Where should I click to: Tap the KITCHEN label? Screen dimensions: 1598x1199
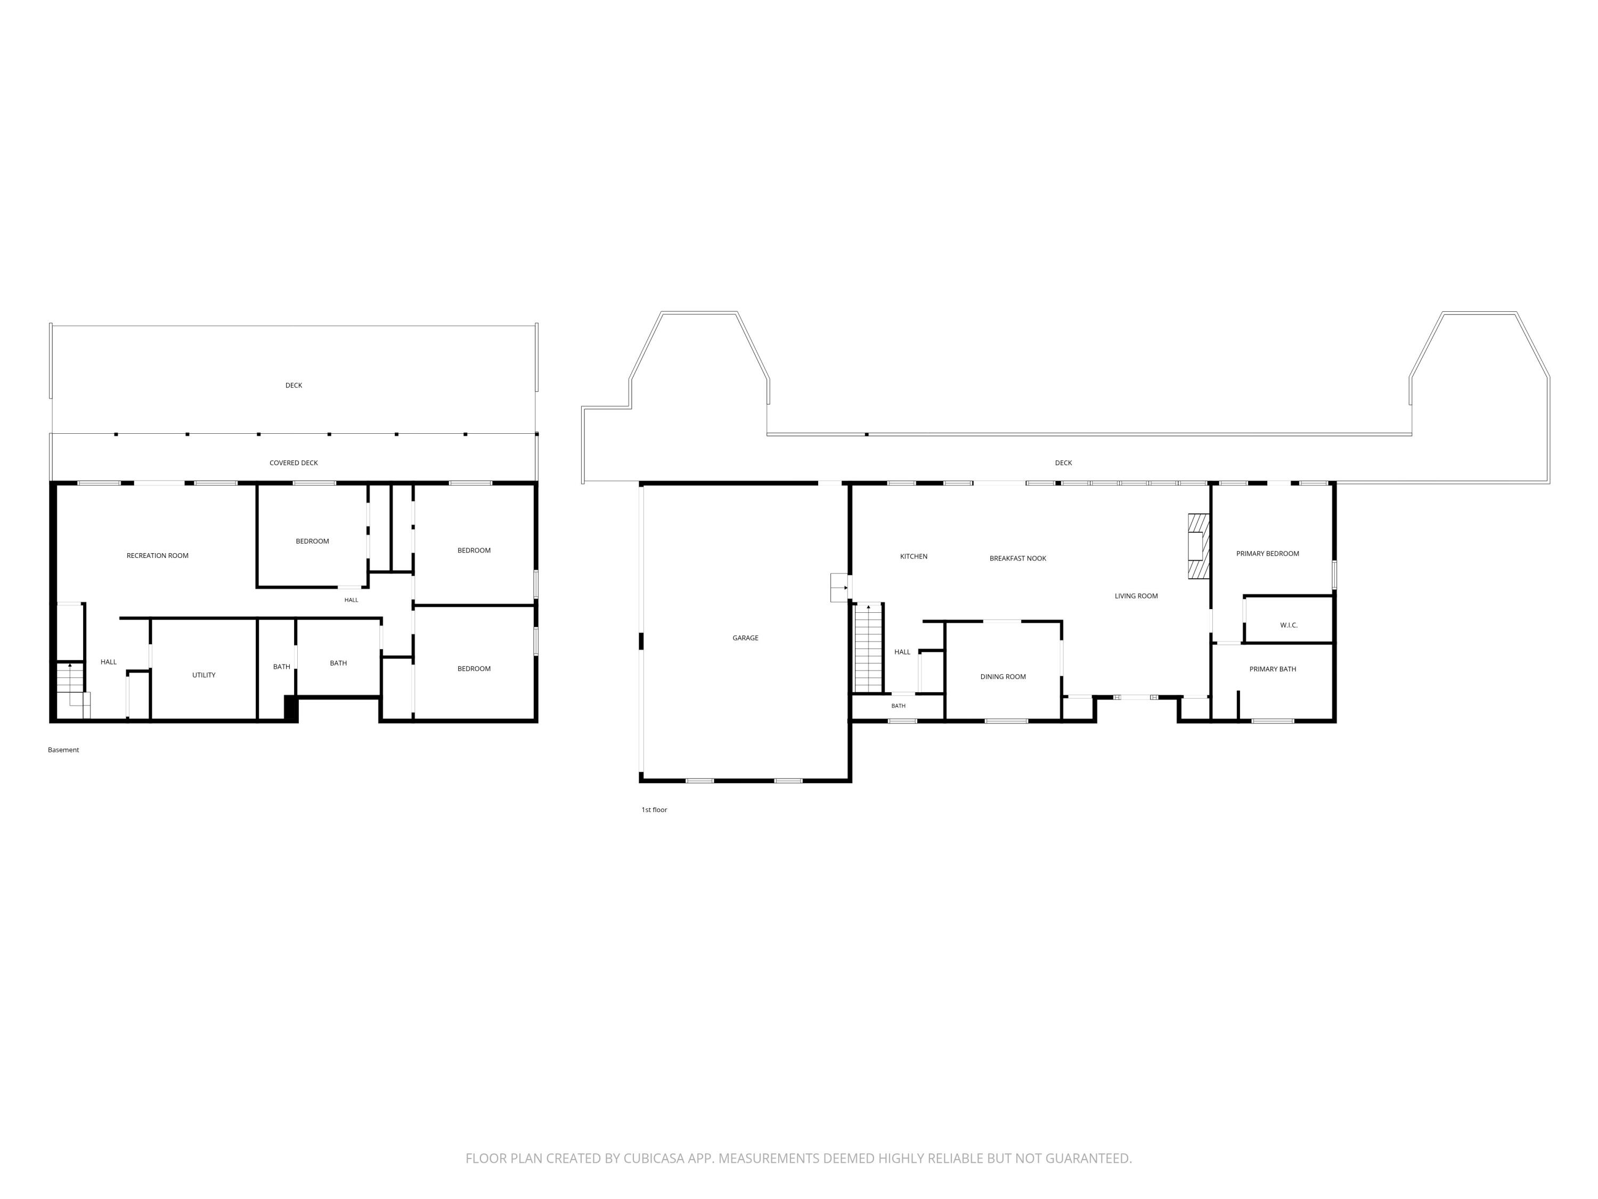point(913,556)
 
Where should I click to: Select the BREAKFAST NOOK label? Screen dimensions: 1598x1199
point(1017,558)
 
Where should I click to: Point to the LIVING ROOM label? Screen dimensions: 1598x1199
point(1136,596)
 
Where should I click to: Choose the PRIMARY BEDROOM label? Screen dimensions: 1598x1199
point(1267,554)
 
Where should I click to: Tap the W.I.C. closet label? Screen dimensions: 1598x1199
point(1289,625)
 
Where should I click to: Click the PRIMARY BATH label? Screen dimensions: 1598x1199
point(1272,669)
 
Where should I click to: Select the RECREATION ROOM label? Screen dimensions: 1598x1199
point(158,556)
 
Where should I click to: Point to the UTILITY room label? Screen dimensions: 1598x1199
point(203,675)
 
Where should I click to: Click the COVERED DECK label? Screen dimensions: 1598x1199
point(293,463)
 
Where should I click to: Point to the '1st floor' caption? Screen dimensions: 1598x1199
point(654,810)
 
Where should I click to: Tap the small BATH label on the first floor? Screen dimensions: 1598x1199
point(898,706)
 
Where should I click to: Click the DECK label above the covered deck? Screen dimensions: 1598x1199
point(293,386)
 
